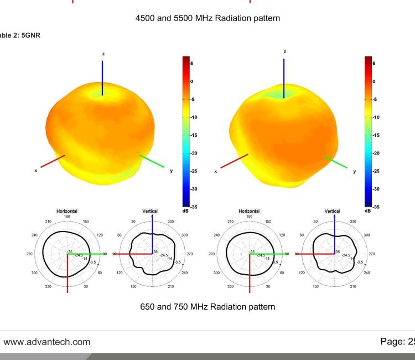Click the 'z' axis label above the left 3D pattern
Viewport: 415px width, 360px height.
pos(103,53)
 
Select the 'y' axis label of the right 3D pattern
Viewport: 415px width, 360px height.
pos(354,171)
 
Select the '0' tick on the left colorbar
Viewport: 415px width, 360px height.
pos(191,81)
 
